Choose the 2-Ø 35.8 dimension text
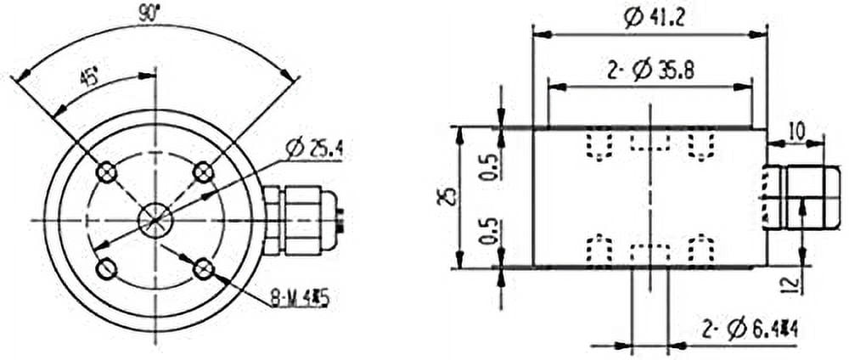[650, 70]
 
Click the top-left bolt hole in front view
[106, 173]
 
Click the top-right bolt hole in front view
[203, 173]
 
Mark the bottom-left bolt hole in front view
[106, 269]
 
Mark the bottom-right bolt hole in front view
[203, 269]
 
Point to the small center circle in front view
[154, 221]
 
